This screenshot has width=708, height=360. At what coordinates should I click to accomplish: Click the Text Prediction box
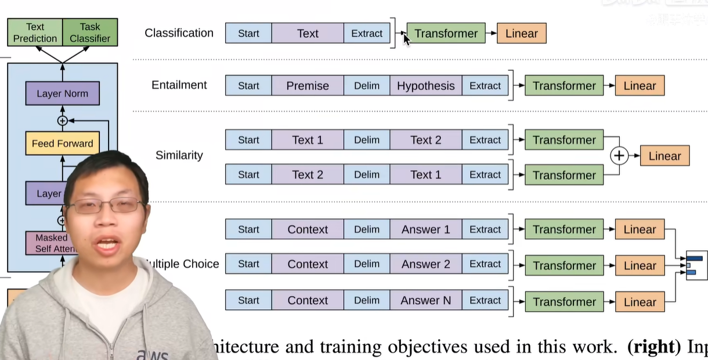[35, 33]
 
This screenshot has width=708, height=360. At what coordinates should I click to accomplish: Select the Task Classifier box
[90, 33]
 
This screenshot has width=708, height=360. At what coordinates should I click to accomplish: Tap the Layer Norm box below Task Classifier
[62, 93]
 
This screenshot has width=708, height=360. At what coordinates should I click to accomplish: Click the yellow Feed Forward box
[62, 143]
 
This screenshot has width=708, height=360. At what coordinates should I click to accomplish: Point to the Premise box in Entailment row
[308, 86]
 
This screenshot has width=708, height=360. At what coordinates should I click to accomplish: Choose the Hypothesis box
[426, 86]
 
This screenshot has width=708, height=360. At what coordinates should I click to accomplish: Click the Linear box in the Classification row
[521, 34]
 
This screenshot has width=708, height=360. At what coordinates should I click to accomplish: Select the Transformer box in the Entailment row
[564, 86]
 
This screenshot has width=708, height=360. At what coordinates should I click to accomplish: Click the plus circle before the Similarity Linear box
[620, 156]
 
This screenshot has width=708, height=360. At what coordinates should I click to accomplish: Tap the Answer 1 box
[426, 230]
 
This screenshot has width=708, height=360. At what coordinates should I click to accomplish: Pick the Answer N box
[426, 301]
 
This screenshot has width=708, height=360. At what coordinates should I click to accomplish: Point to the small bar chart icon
[696, 265]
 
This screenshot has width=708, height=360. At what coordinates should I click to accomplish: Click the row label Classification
[179, 33]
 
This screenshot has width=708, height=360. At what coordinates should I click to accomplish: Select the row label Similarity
[179, 156]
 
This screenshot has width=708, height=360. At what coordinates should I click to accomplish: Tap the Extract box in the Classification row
[367, 34]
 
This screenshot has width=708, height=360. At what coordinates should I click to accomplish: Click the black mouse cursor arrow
[406, 38]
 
